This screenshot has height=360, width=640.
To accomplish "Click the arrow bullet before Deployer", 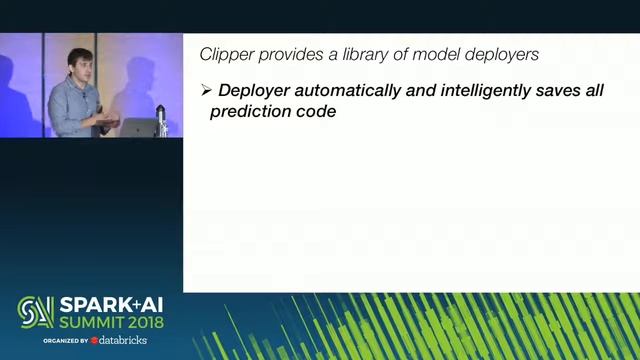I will click(206, 90).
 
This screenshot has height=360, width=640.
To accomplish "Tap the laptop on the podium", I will click(141, 127).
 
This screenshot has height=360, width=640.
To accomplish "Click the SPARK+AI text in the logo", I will click(109, 304).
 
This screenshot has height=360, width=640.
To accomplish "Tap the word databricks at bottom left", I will click(124, 341).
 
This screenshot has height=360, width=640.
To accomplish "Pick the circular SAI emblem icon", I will click(35, 312).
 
